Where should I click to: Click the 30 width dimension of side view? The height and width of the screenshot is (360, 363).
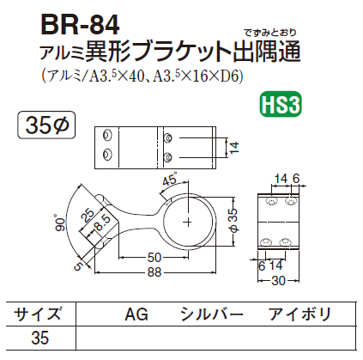[276, 279]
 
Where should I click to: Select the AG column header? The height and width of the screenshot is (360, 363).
[137, 314]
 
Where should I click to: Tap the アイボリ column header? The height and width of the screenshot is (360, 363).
[299, 314]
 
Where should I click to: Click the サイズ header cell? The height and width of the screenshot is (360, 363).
[39, 314]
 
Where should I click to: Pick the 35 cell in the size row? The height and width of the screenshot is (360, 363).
[39, 339]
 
